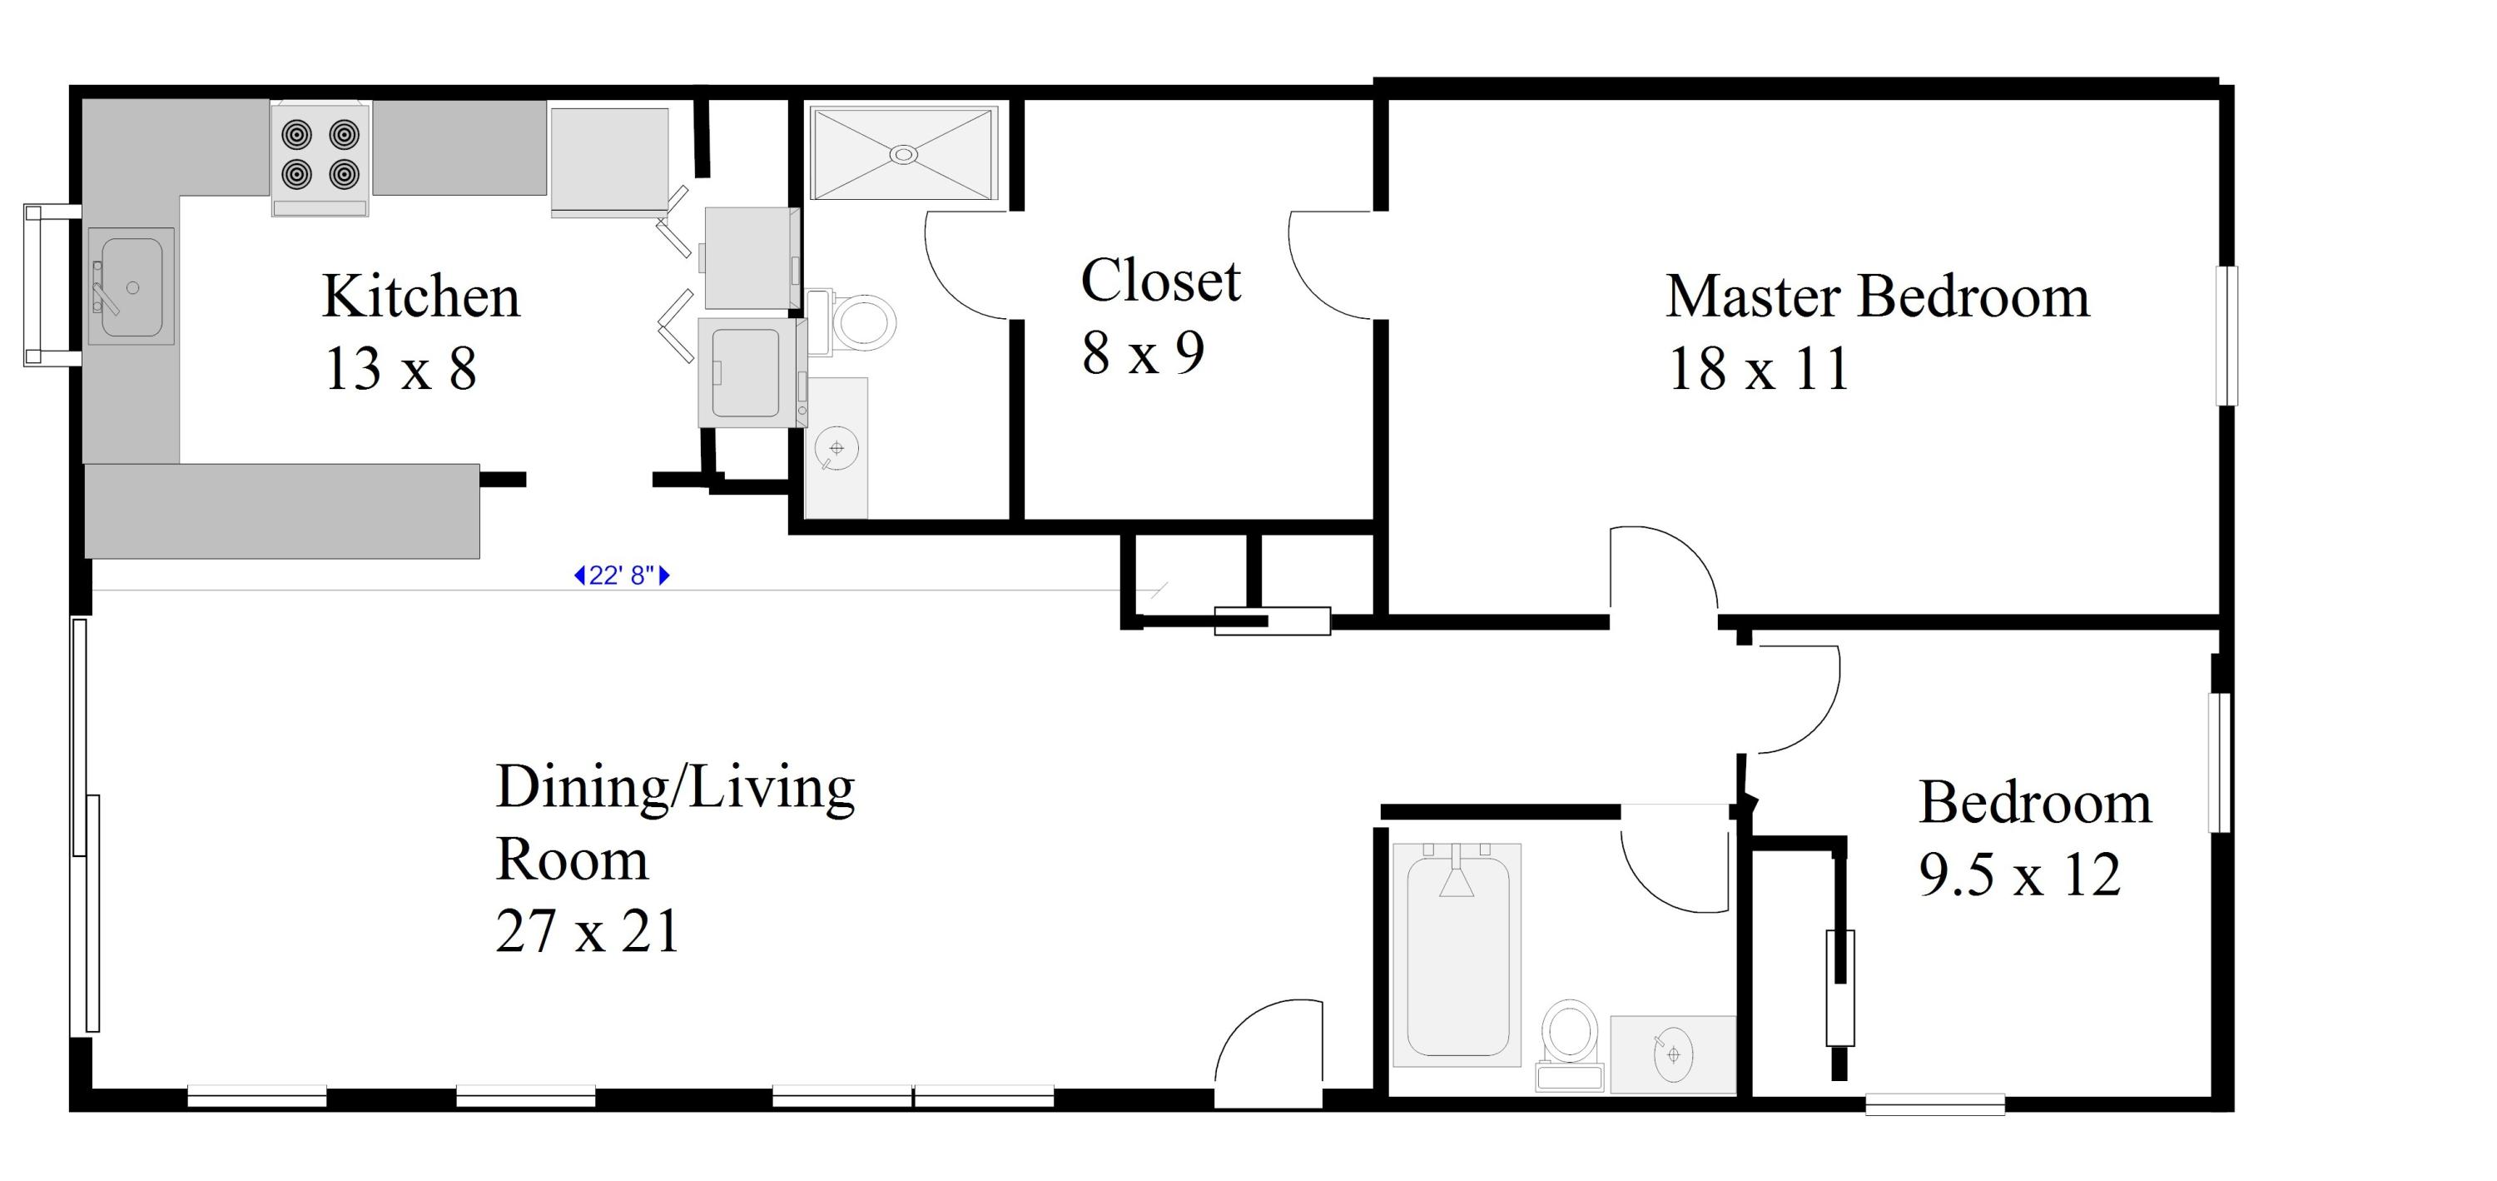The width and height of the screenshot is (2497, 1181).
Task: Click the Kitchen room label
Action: click(x=420, y=296)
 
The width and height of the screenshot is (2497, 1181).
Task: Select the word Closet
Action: click(x=1160, y=282)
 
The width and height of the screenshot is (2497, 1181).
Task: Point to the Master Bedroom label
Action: click(x=1878, y=296)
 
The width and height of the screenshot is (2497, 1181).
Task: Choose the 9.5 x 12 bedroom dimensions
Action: click(x=2020, y=875)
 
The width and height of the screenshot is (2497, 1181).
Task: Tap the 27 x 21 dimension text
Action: click(x=588, y=931)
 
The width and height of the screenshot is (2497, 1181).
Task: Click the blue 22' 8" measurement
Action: click(x=623, y=576)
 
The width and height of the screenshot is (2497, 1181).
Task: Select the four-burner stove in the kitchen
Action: click(x=320, y=158)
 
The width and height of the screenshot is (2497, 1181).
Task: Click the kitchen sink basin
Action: click(x=132, y=287)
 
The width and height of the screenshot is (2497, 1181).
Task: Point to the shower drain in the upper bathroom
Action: click(x=903, y=154)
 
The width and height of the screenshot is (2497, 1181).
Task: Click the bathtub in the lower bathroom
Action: click(x=1457, y=955)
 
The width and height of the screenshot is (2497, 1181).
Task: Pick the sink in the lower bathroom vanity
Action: click(x=1673, y=1054)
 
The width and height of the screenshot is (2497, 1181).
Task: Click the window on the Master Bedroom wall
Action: click(x=2227, y=336)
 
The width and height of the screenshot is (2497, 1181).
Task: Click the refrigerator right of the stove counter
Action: click(x=610, y=161)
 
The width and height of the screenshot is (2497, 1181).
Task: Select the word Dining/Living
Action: click(x=675, y=787)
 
